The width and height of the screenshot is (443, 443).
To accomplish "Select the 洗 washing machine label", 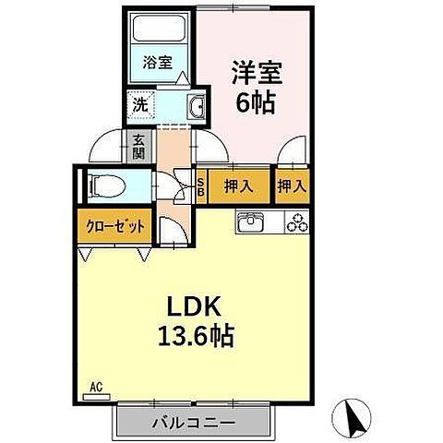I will pyautogui.click(x=139, y=104).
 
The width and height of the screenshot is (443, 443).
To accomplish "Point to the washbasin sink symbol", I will pyautogui.click(x=196, y=107).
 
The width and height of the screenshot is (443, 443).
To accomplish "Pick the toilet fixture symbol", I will pyautogui.click(x=102, y=185).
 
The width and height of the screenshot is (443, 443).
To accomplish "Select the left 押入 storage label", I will pyautogui.click(x=238, y=186).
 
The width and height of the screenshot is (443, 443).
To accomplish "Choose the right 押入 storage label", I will pyautogui.click(x=292, y=186).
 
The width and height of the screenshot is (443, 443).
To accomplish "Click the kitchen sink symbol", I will pyautogui.click(x=251, y=222).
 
